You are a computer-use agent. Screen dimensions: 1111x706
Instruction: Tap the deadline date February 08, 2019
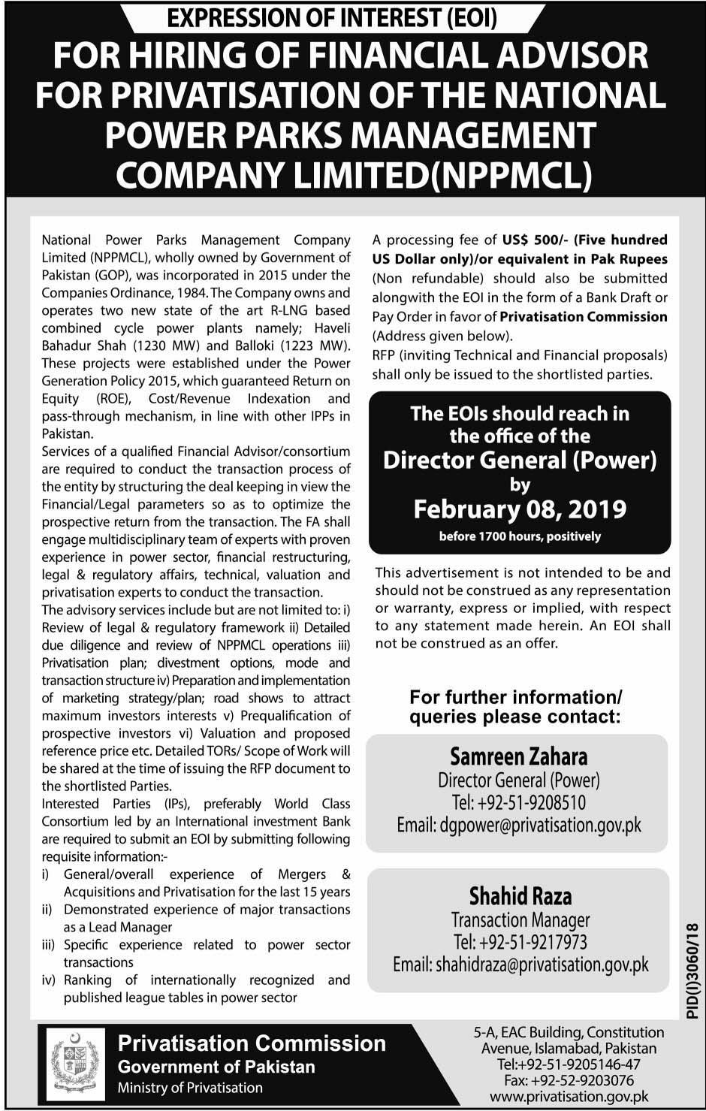[x=520, y=509]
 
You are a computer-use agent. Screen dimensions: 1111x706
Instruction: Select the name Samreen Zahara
[x=518, y=756]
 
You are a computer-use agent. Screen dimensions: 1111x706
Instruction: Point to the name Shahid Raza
[x=520, y=896]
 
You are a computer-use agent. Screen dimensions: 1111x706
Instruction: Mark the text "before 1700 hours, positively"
[x=520, y=536]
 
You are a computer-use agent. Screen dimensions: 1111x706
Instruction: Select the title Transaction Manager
[x=520, y=919]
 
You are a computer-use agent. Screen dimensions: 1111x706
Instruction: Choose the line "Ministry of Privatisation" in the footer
[x=190, y=1087]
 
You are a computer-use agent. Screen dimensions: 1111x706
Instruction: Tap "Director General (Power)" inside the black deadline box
[x=520, y=460]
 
